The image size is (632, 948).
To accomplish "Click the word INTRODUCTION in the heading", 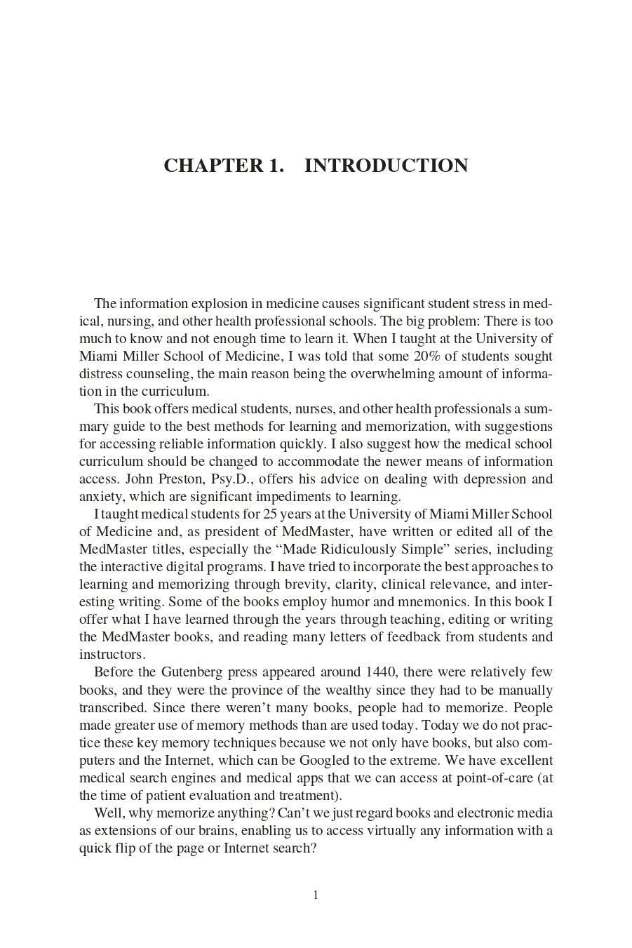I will click(386, 166).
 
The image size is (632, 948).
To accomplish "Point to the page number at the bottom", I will click(316, 895).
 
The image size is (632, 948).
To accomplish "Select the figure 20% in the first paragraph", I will click(419, 356).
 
